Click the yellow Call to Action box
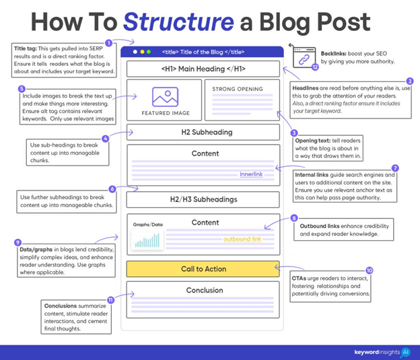203,269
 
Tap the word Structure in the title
172,22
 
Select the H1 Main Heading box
203,69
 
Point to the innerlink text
252,174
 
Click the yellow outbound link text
242,239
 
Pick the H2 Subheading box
203,132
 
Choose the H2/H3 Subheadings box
203,199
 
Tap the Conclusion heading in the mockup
204,291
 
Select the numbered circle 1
109,43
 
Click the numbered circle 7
395,168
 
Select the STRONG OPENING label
238,89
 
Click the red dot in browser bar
134,52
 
